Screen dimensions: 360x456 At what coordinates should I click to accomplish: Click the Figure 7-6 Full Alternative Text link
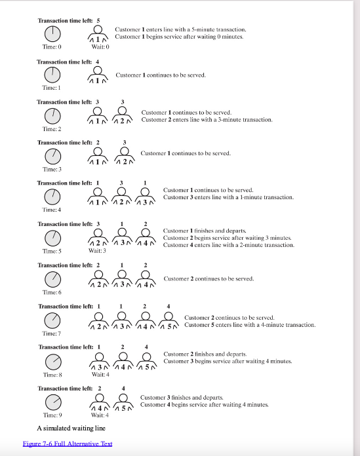68,444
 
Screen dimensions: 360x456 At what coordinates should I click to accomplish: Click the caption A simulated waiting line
71,428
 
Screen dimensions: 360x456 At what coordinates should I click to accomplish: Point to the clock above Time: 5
52,238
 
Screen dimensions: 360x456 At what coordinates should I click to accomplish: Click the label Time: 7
52,334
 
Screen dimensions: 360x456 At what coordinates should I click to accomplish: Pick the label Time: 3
52,170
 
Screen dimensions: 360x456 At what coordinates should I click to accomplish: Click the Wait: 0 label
100,47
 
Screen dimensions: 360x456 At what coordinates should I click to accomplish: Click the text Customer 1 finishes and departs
204,231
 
